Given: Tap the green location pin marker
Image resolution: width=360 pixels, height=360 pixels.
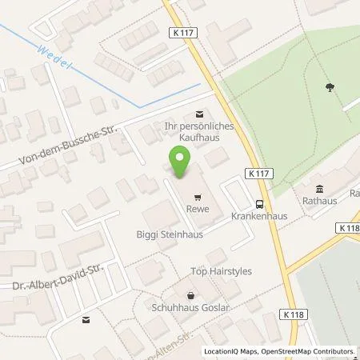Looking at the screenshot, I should click(x=180, y=164).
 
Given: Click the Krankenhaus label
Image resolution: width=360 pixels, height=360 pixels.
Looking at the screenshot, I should click(x=254, y=217).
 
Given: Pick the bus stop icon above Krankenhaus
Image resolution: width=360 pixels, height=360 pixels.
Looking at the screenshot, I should click(x=257, y=203).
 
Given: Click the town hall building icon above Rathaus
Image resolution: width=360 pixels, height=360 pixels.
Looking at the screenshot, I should click(x=319, y=189).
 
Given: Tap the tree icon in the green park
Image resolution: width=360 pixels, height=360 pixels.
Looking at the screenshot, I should click(x=330, y=87).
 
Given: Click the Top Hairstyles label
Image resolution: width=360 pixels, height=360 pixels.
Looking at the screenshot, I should click(x=221, y=271).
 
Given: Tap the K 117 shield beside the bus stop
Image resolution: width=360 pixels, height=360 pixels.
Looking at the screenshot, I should click(x=258, y=173).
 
